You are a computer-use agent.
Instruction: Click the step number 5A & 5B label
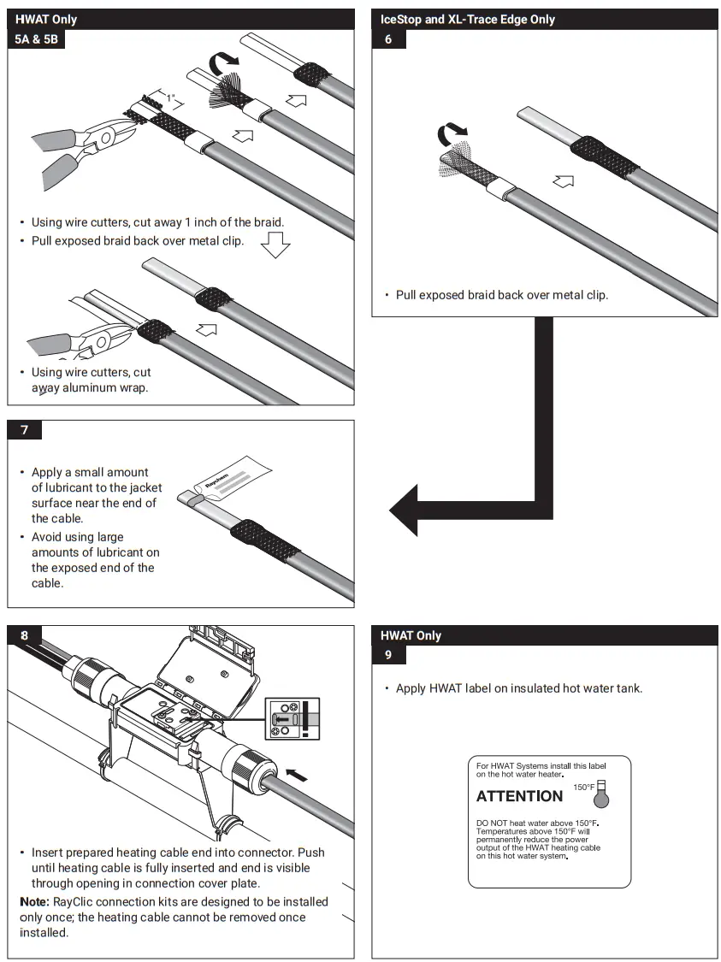click(x=37, y=39)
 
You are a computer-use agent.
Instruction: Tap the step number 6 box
click(x=388, y=39)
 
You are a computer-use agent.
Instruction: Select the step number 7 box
click(x=24, y=429)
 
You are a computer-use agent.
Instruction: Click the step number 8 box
click(x=24, y=635)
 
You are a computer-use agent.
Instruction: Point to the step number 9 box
click(x=388, y=656)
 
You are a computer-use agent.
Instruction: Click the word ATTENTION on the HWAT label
click(x=519, y=796)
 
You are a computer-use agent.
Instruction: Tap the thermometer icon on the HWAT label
click(x=601, y=794)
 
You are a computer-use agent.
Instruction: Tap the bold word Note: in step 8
click(x=35, y=902)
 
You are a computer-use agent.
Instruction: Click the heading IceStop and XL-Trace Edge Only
click(x=468, y=19)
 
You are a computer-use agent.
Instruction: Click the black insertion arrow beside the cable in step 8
click(x=298, y=775)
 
